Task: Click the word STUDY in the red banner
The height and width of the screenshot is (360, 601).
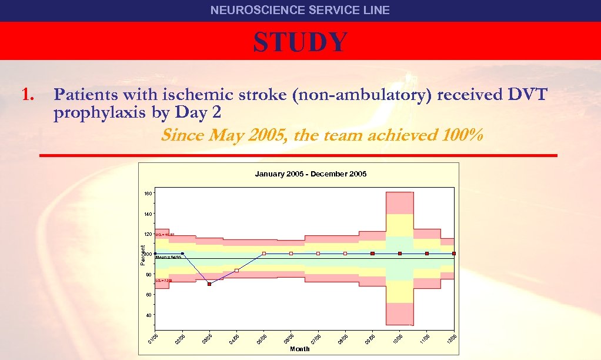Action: [300, 42]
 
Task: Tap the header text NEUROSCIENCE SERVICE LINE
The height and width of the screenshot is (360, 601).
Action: [300, 10]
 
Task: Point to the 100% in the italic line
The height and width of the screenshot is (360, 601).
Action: [461, 135]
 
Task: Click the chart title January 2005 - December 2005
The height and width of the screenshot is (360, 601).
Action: [310, 174]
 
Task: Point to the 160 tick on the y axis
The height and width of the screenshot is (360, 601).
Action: [148, 194]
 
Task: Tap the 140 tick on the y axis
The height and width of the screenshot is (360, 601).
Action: [148, 214]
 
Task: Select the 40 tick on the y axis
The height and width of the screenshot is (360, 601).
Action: [149, 315]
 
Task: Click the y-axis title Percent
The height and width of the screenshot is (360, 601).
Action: [143, 254]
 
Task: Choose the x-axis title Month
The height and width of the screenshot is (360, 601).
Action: [300, 349]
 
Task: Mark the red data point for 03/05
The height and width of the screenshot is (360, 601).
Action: [209, 284]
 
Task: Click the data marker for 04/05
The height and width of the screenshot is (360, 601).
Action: [236, 271]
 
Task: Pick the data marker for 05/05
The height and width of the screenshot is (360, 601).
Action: [264, 254]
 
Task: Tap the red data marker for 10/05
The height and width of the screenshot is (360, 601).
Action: [400, 254]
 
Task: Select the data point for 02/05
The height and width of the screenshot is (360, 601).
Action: [182, 254]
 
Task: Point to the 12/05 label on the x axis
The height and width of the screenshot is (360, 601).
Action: [453, 339]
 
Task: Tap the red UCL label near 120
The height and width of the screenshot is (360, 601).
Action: [165, 234]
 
